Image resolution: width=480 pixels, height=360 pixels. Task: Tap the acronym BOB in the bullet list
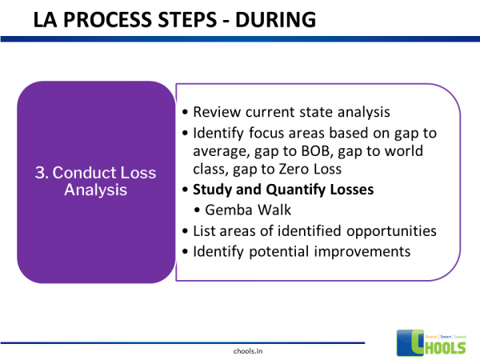(x=338, y=151)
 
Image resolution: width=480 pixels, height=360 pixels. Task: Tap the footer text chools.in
(x=240, y=350)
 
